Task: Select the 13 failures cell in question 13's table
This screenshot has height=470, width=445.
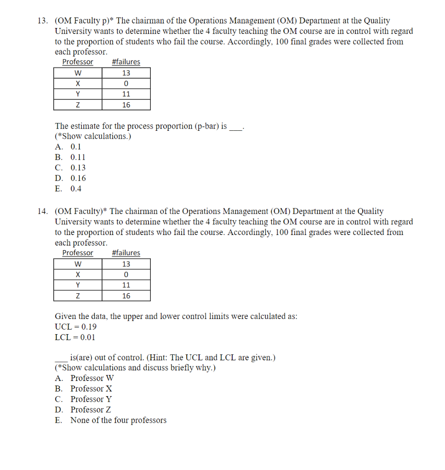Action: pos(126,73)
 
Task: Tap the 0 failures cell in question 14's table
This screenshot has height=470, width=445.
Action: pos(126,274)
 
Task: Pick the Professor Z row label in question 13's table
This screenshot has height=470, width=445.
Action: pos(78,105)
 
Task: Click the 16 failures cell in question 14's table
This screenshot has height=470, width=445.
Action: pos(126,296)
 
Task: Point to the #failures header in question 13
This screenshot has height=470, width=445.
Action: pos(126,62)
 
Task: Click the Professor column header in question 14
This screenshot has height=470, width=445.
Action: pos(78,253)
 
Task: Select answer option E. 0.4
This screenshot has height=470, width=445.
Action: pos(68,189)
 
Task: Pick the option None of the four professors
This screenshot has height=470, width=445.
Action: pos(110,420)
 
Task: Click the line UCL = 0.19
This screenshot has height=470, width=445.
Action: pos(76,327)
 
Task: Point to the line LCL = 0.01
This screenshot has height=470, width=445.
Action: pos(75,338)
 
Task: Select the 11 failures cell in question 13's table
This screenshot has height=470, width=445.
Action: pos(126,94)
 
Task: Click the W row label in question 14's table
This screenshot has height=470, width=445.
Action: pos(78,264)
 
